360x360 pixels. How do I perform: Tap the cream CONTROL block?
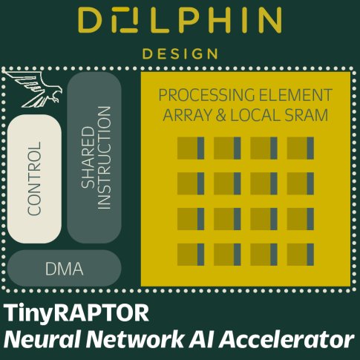point(34,178)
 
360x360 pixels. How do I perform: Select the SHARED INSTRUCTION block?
point(94,157)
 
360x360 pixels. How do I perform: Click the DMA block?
point(64,269)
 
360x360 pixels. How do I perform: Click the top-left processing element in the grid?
point(190,148)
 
